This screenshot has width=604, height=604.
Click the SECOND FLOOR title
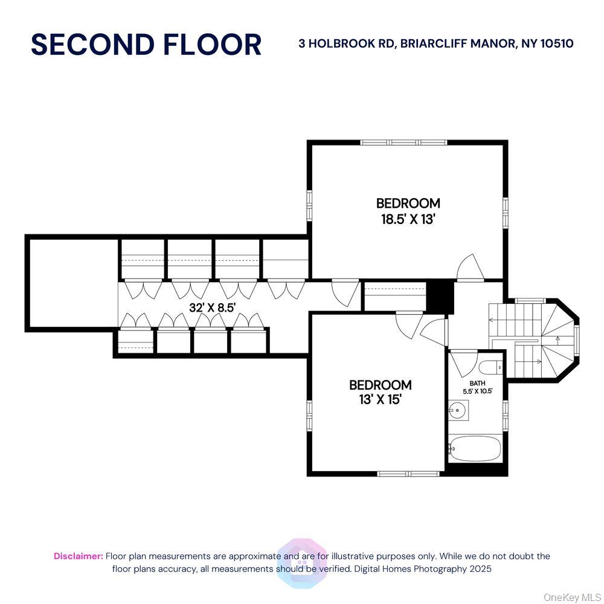[146, 45]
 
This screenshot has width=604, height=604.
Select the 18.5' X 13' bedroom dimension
[408, 219]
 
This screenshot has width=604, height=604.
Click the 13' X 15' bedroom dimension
[381, 399]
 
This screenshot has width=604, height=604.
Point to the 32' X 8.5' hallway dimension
[212, 307]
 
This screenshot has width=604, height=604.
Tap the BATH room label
[477, 383]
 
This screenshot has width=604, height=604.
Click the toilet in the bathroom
[489, 367]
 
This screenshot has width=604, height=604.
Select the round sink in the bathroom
[457, 412]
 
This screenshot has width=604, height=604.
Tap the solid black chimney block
[440, 296]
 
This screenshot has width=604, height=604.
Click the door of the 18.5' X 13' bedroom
[470, 269]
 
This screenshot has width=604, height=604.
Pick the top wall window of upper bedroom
[403, 143]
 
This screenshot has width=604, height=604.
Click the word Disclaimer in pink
[78, 556]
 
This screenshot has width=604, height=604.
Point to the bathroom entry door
[462, 363]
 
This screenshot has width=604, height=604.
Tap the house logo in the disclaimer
[301, 562]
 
